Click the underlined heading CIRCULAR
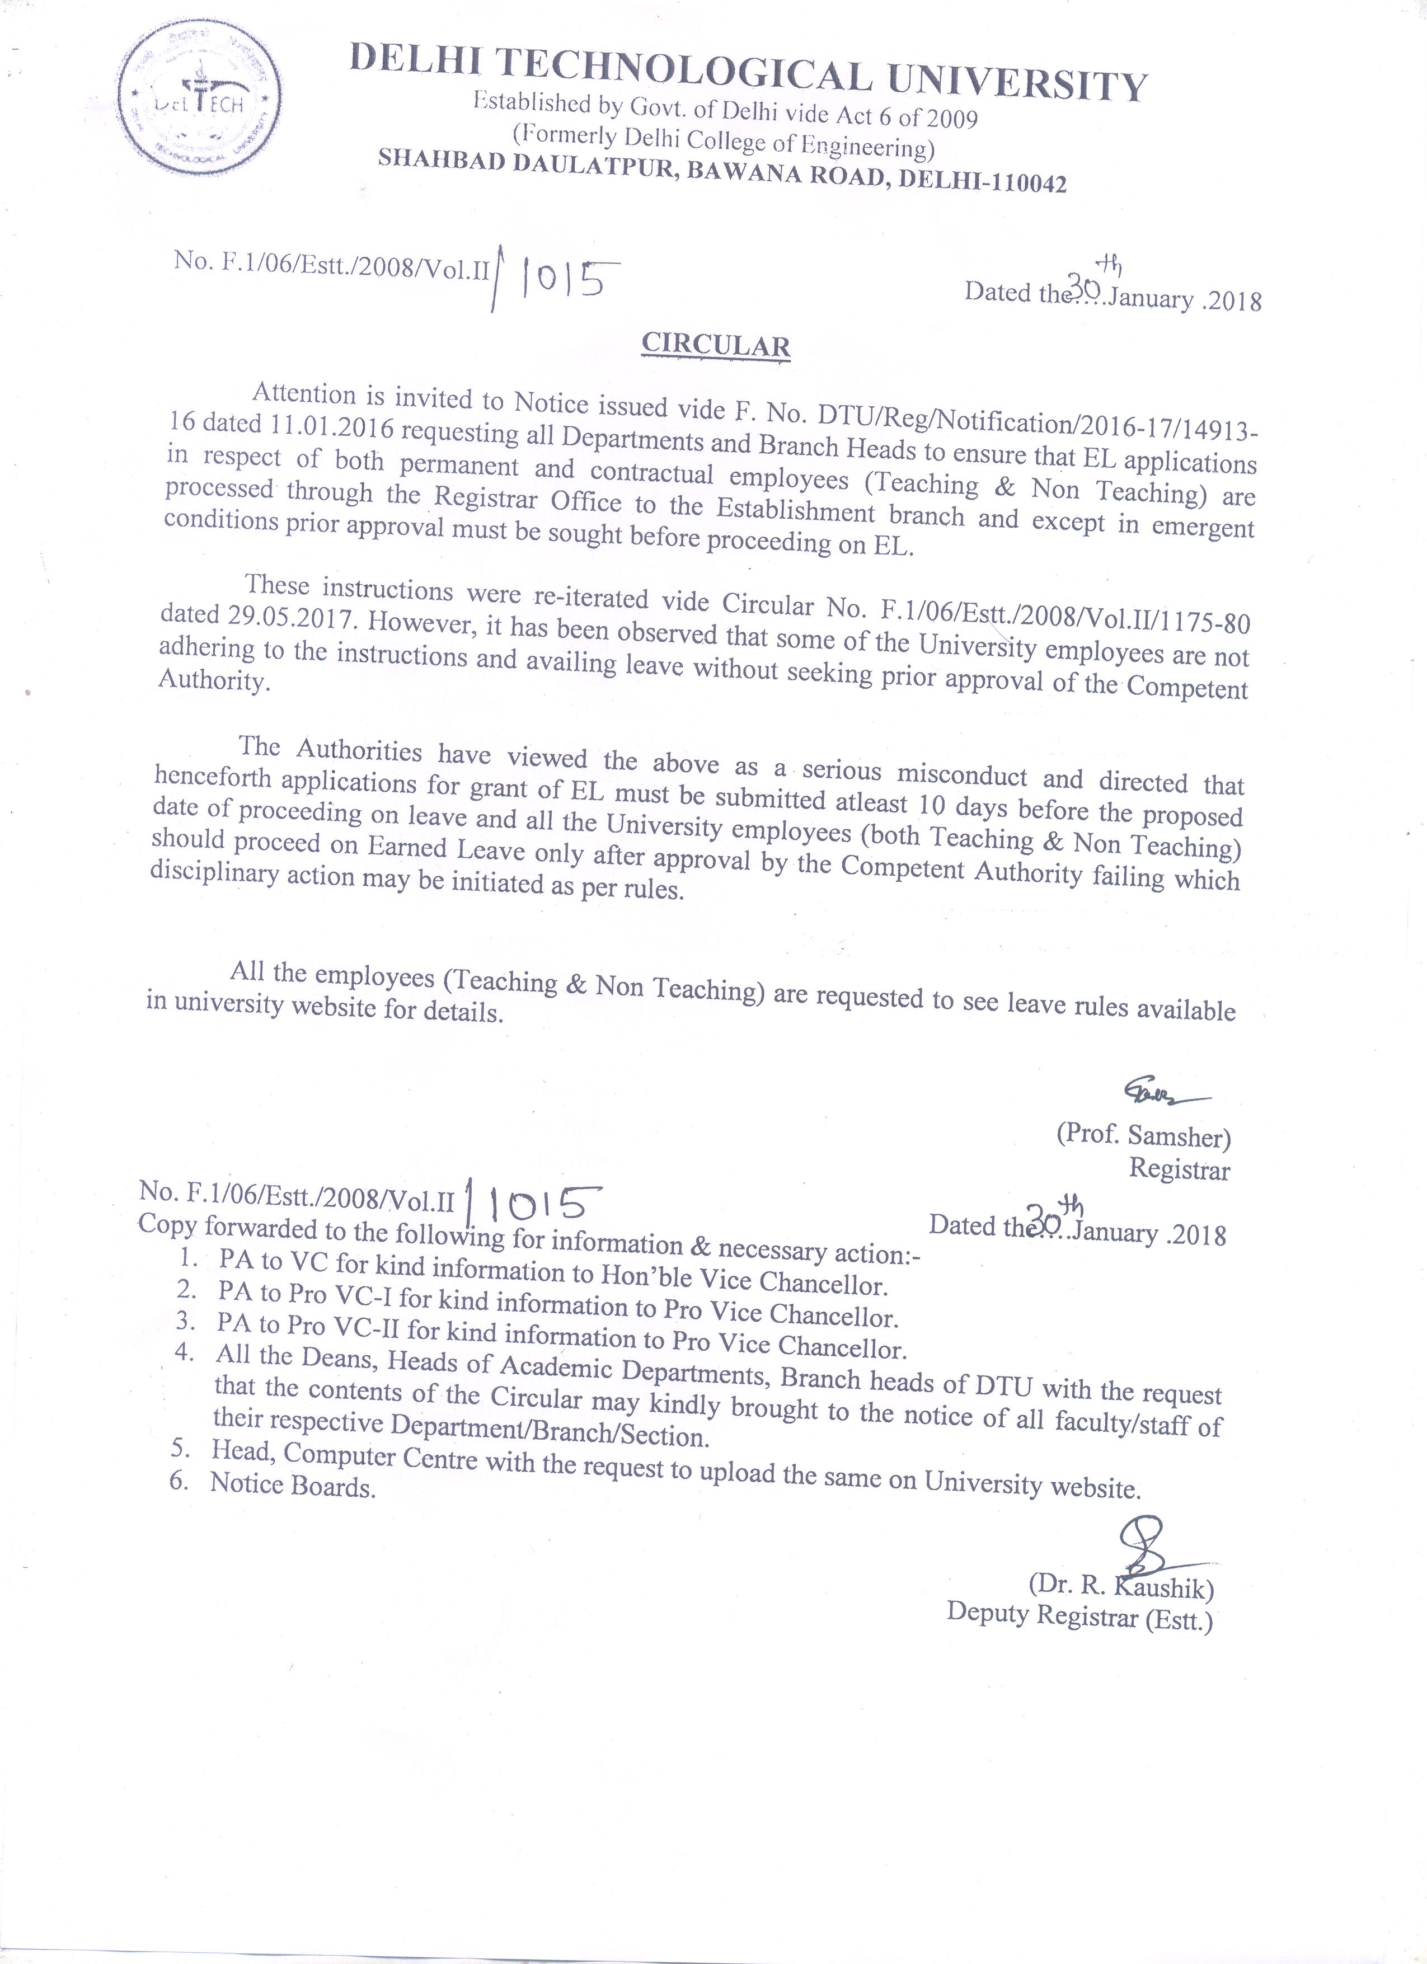(715, 345)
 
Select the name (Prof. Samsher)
(1143, 1135)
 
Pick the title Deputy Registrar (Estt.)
(1079, 1616)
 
